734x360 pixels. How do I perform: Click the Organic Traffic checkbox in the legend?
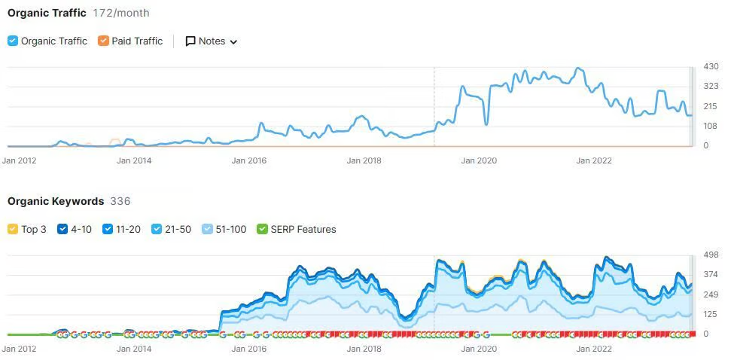point(13,41)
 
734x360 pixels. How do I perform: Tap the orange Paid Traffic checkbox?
point(103,41)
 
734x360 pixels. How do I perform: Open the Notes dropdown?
point(212,41)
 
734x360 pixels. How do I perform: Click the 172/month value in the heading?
point(121,13)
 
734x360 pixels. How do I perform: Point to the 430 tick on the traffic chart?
point(711,67)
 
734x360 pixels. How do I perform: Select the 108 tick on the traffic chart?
point(711,126)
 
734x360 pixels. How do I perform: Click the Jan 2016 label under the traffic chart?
point(249,160)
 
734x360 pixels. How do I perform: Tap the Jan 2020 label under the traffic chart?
point(479,160)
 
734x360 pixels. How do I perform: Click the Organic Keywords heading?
point(56,201)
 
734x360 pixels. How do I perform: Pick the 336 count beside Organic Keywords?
point(120,201)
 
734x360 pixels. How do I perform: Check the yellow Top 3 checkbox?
point(13,229)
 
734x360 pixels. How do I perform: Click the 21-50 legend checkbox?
point(157,229)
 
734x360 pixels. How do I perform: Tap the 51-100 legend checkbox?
point(208,229)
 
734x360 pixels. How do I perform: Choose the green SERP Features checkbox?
point(262,229)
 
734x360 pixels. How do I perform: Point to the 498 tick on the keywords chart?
point(711,255)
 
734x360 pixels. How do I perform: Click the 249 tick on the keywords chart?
point(711,294)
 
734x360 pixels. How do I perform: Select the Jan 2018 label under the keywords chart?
point(364,349)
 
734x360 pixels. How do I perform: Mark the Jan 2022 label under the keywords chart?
point(594,349)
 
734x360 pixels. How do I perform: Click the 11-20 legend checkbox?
point(108,229)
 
